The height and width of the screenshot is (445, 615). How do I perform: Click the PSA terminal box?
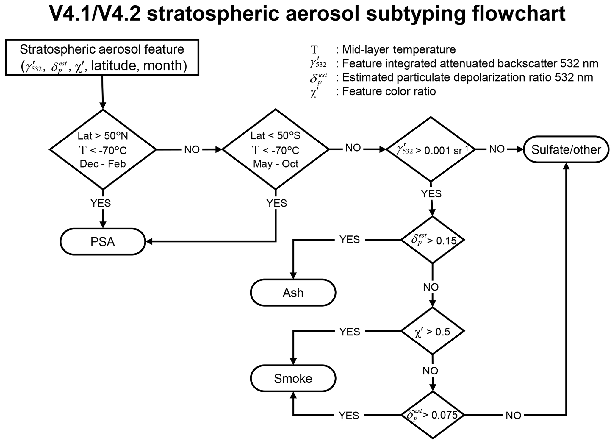[103, 242]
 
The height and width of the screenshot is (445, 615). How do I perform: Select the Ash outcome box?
[293, 293]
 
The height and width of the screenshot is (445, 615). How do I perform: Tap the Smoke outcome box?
[293, 378]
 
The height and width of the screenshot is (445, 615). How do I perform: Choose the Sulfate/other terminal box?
[566, 149]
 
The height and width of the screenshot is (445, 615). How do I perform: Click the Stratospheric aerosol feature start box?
[102, 57]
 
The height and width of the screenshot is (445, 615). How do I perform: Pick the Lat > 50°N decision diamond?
[103, 149]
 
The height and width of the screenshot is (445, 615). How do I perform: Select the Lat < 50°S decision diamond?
[276, 149]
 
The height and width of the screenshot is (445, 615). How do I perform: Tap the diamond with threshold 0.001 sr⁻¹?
[431, 149]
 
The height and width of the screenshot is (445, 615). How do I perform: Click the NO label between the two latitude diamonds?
[192, 149]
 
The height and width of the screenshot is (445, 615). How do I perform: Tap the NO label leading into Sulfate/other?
[497, 149]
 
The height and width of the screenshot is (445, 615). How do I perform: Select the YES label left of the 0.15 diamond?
[350, 240]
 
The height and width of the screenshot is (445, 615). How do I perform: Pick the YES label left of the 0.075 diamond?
[349, 415]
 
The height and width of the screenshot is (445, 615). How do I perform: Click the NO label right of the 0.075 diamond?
[513, 415]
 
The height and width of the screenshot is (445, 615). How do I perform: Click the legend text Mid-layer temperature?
[399, 49]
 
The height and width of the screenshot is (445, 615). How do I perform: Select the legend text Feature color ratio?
[389, 91]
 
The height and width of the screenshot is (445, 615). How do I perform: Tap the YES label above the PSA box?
[101, 203]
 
